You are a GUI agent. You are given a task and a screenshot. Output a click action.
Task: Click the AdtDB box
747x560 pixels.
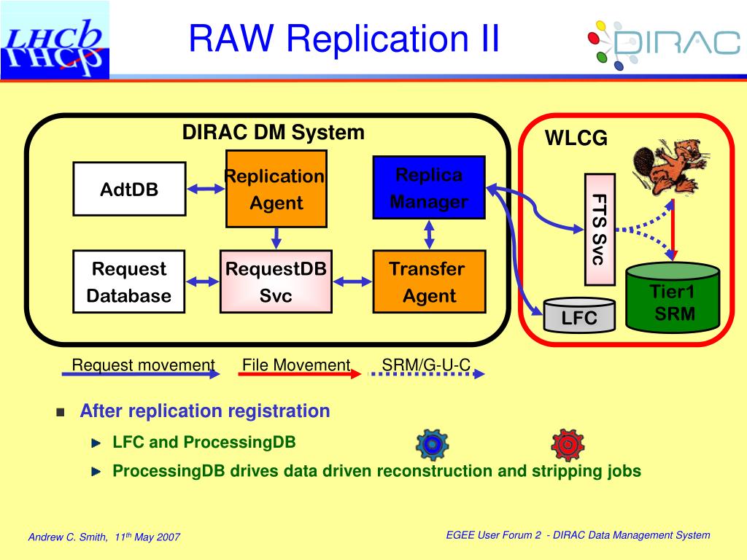129,189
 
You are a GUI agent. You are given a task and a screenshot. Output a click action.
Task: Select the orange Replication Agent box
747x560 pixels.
276,189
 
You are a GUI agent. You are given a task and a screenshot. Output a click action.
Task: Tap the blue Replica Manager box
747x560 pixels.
429,187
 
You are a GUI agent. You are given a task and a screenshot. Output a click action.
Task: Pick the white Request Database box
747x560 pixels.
128,281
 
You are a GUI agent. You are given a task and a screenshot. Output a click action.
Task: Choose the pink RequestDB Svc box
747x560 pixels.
276,281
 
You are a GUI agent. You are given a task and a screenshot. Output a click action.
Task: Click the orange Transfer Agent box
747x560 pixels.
429,281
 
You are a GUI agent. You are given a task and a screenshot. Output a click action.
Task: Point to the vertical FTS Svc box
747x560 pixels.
600,230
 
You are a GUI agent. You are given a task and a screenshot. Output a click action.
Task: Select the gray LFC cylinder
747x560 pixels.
579,315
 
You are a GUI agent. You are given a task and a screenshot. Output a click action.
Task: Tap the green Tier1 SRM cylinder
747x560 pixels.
673,297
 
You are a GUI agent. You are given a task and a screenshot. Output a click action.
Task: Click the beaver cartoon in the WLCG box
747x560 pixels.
671,167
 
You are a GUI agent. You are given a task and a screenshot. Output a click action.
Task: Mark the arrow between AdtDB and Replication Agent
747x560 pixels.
206,189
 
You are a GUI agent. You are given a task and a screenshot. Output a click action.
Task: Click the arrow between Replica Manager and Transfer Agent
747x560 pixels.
429,235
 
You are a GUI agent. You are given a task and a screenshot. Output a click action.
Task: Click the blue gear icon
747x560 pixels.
432,445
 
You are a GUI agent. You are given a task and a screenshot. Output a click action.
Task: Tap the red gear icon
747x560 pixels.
568,445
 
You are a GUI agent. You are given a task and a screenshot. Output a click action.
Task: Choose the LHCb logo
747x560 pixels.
55,40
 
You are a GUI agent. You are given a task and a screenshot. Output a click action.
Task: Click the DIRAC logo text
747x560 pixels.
676,44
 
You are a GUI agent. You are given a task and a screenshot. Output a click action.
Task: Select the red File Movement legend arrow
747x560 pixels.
300,374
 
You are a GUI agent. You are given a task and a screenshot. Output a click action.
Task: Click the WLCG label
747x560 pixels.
576,138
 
